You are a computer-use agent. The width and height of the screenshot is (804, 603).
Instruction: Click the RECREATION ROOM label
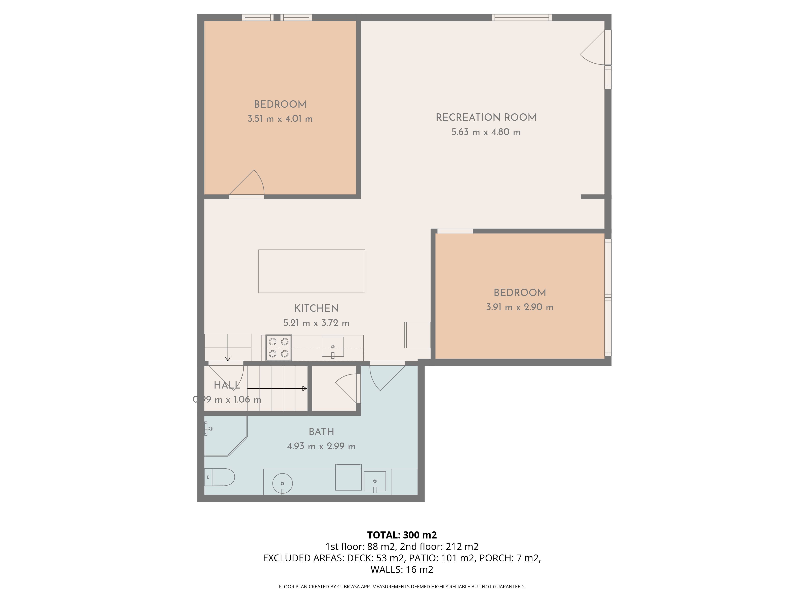point(486,118)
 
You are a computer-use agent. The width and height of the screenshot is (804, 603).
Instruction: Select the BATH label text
point(321,432)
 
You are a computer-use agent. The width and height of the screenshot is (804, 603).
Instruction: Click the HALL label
point(227,385)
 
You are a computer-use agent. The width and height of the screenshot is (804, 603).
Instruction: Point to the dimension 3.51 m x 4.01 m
point(280,119)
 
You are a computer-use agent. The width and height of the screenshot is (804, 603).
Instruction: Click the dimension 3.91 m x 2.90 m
point(520,307)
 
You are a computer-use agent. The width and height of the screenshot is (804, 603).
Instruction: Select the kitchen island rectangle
point(312,271)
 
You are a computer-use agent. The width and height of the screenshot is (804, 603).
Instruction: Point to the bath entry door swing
point(386,378)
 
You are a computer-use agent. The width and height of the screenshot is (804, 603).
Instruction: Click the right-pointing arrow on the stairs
point(277,389)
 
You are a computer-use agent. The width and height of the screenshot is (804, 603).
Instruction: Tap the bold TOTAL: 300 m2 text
point(402,535)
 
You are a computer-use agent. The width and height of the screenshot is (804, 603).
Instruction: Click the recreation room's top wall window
point(522,17)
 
